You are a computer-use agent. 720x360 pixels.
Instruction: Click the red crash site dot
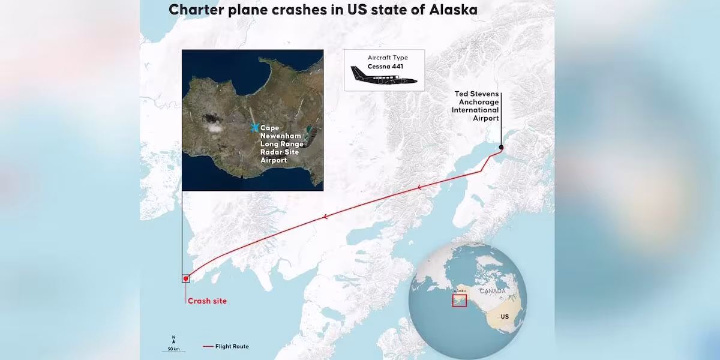(186, 278)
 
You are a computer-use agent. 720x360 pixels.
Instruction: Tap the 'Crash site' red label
(207, 301)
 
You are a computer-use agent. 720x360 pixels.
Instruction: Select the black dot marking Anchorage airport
(501, 147)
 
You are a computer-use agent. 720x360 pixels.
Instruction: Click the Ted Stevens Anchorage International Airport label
(475, 106)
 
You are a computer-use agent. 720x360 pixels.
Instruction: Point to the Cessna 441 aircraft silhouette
(383, 76)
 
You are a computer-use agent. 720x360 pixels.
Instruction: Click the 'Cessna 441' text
(385, 67)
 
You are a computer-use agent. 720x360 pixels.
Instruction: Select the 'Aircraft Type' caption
(388, 58)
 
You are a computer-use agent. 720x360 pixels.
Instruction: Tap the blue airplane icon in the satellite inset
(254, 128)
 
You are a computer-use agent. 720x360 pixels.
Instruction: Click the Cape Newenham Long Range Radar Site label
(282, 144)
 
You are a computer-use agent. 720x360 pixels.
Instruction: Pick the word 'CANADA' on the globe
(493, 291)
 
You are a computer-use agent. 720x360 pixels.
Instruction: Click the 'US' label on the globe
(505, 317)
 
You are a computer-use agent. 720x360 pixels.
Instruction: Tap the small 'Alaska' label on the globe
(460, 290)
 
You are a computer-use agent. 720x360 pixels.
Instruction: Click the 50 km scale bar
(173, 352)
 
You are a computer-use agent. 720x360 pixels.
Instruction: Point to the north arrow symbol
(173, 340)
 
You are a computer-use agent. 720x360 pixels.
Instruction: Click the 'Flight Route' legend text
(232, 347)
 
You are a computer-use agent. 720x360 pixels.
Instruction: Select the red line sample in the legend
(208, 347)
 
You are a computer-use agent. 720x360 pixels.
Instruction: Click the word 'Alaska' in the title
(453, 10)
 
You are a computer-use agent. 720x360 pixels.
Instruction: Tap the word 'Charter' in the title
(196, 10)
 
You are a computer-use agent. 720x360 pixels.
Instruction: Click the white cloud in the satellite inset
(215, 128)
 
